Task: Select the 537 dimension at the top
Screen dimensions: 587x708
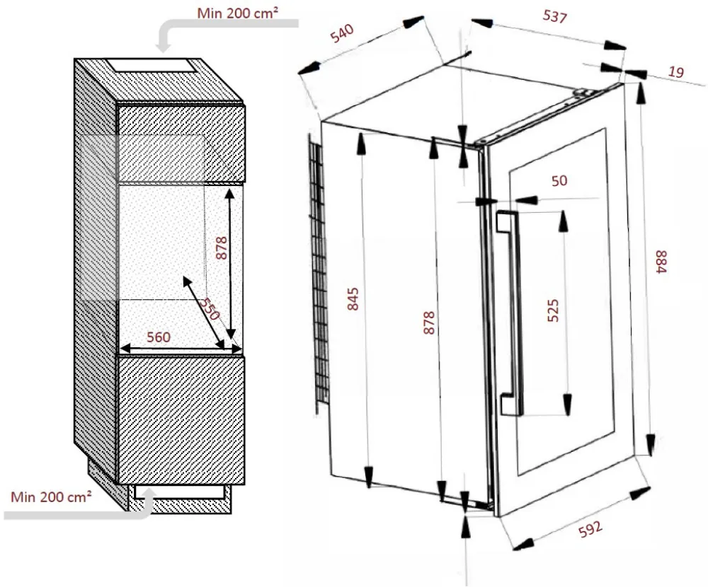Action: (553, 17)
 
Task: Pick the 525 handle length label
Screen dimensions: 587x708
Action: (554, 311)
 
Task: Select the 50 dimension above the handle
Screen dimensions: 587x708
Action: (559, 180)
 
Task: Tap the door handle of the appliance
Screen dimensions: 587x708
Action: (508, 311)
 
